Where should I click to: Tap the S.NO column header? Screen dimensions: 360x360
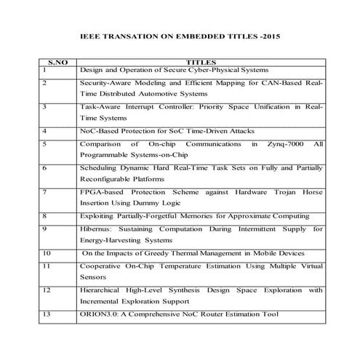(x=57, y=63)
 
